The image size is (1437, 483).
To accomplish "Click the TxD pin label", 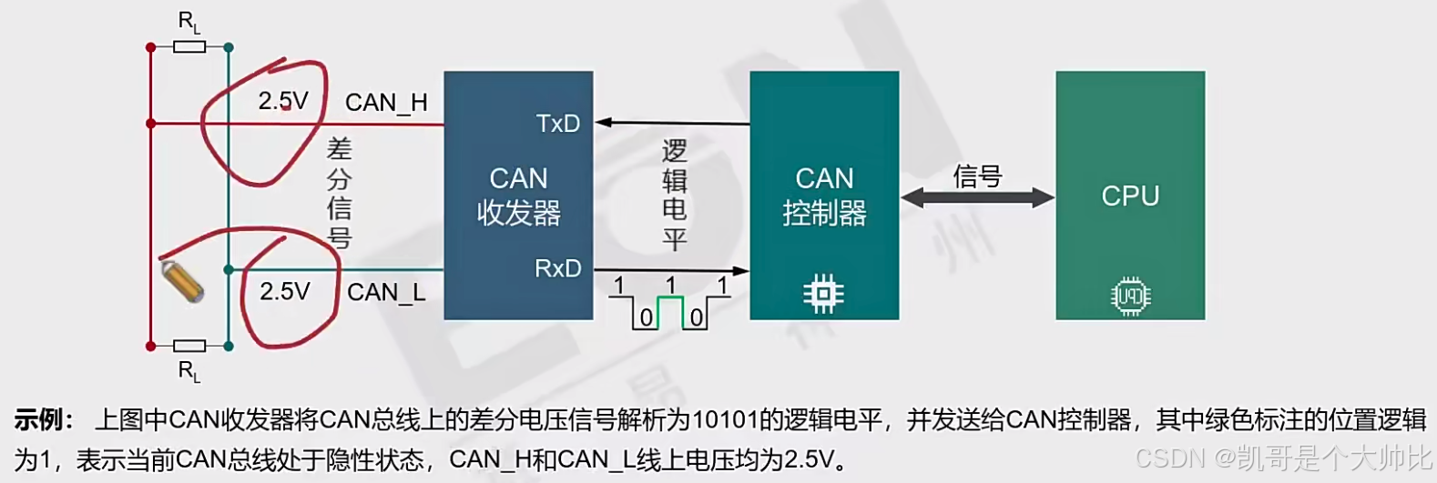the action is [x=557, y=124].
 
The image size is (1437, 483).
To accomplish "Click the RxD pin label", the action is [x=557, y=268].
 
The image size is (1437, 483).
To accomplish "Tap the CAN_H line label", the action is [x=386, y=103].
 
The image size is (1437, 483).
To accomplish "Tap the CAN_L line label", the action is [x=386, y=292].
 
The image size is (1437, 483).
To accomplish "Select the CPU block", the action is [x=1130, y=195].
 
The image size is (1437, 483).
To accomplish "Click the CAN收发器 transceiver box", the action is [x=518, y=195].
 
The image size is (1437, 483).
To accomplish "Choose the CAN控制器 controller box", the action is [x=824, y=195].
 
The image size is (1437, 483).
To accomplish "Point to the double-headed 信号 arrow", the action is [x=977, y=196].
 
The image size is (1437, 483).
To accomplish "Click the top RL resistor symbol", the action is [x=189, y=46].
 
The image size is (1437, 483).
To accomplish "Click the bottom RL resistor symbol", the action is [x=189, y=346].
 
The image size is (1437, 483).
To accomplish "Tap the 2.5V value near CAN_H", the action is [x=283, y=101].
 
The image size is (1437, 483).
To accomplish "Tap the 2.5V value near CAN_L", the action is [x=284, y=291].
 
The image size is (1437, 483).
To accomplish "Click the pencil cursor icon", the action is [x=182, y=281].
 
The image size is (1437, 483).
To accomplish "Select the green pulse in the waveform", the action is [x=670, y=309].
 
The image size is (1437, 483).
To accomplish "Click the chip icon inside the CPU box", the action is [x=1130, y=297].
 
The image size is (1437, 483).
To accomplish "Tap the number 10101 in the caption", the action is [x=725, y=420].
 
